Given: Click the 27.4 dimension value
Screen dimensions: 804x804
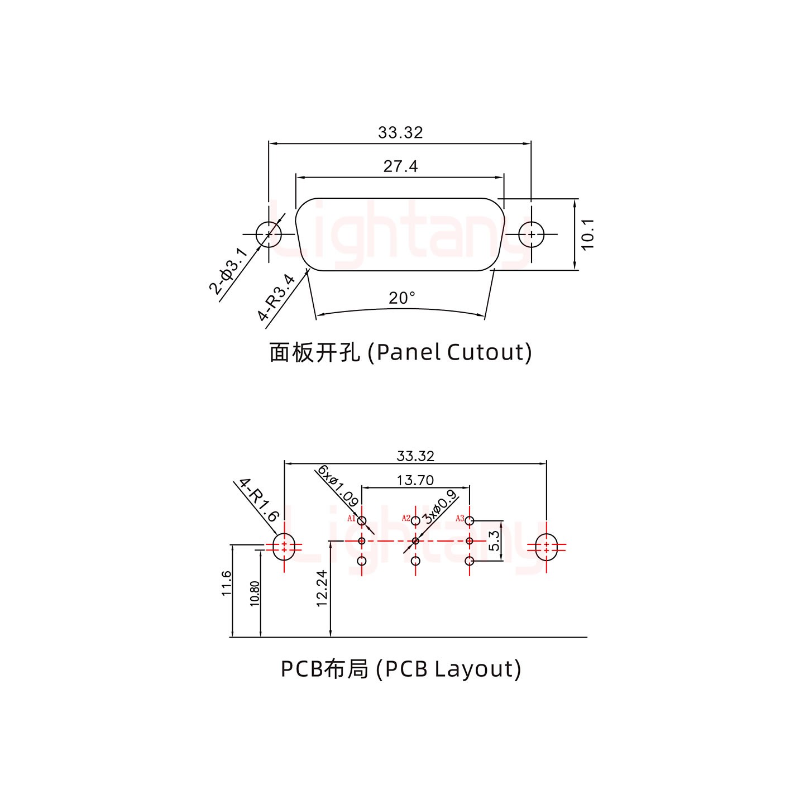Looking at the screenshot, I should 400,166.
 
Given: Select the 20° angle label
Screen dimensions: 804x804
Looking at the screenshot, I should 402,298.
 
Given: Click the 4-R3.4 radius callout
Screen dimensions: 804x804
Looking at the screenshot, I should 276,298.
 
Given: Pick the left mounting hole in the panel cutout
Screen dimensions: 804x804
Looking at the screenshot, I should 269,234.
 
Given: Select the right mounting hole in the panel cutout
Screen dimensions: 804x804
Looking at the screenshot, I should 531,234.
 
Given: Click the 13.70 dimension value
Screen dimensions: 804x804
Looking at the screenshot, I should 415,480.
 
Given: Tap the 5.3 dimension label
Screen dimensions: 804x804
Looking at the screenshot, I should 494,540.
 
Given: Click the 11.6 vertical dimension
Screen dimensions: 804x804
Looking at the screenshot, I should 226,583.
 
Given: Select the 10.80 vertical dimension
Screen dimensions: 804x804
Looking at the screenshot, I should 255,594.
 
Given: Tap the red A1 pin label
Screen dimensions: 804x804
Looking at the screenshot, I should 351,518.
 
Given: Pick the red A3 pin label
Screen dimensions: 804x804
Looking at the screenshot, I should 460,518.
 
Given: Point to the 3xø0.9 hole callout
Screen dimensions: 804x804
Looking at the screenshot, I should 439,506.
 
